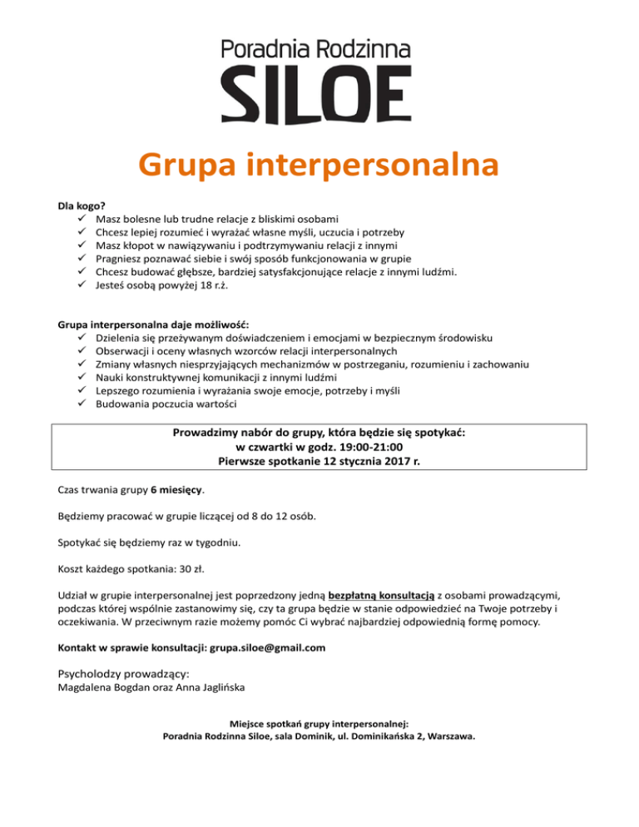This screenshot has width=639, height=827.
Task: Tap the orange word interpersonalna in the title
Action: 376,165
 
